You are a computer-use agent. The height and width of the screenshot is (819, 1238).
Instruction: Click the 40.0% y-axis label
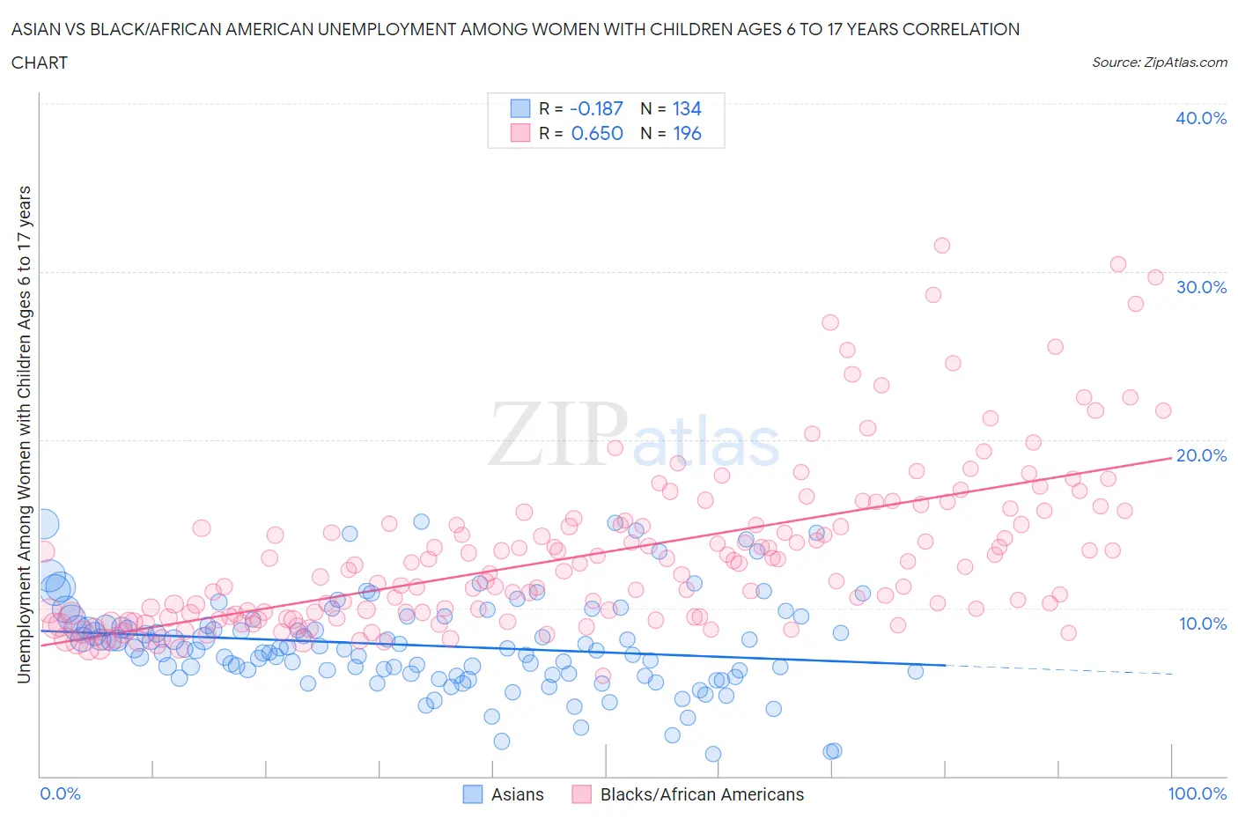[1200, 118]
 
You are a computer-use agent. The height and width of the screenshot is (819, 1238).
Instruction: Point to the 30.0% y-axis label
[1200, 287]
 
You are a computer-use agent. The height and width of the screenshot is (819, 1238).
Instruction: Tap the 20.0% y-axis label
[1200, 455]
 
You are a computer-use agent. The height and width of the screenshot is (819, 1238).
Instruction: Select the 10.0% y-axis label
[1202, 623]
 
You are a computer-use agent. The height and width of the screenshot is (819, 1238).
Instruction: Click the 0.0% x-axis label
[60, 793]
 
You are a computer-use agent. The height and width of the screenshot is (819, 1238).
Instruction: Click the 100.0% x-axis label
[1197, 793]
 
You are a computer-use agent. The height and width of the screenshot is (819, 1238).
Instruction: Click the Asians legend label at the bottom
[517, 794]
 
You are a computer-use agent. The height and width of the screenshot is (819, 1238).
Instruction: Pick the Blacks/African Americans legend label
[702, 794]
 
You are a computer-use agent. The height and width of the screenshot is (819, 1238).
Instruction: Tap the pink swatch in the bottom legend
[581, 794]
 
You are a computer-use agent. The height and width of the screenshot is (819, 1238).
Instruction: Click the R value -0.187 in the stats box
[596, 108]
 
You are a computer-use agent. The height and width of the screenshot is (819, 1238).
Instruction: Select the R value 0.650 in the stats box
[597, 133]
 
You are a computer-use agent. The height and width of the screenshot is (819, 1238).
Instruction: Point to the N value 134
[687, 108]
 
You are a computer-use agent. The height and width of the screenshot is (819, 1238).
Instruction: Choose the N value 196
[687, 133]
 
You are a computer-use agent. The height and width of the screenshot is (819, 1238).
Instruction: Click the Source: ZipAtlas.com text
[1159, 62]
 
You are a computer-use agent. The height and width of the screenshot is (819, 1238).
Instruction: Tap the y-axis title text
[24, 434]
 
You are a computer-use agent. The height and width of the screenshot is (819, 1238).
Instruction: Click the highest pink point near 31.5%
[942, 246]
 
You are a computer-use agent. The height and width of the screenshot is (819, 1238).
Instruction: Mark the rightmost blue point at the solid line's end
[916, 671]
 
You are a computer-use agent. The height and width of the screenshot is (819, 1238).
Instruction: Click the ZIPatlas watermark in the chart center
[634, 434]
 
